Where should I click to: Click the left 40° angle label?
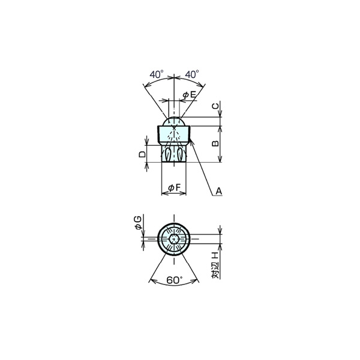coord(157,74)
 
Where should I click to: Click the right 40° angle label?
coord(192,74)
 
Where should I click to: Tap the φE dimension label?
coord(190,94)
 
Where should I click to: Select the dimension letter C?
coord(215,106)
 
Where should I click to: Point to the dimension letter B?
coord(215,143)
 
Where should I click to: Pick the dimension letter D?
coord(142,154)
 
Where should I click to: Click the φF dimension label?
coord(175,188)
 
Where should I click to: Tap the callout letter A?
coord(219,191)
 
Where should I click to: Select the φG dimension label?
coord(138,223)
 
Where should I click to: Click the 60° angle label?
coord(174,280)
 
